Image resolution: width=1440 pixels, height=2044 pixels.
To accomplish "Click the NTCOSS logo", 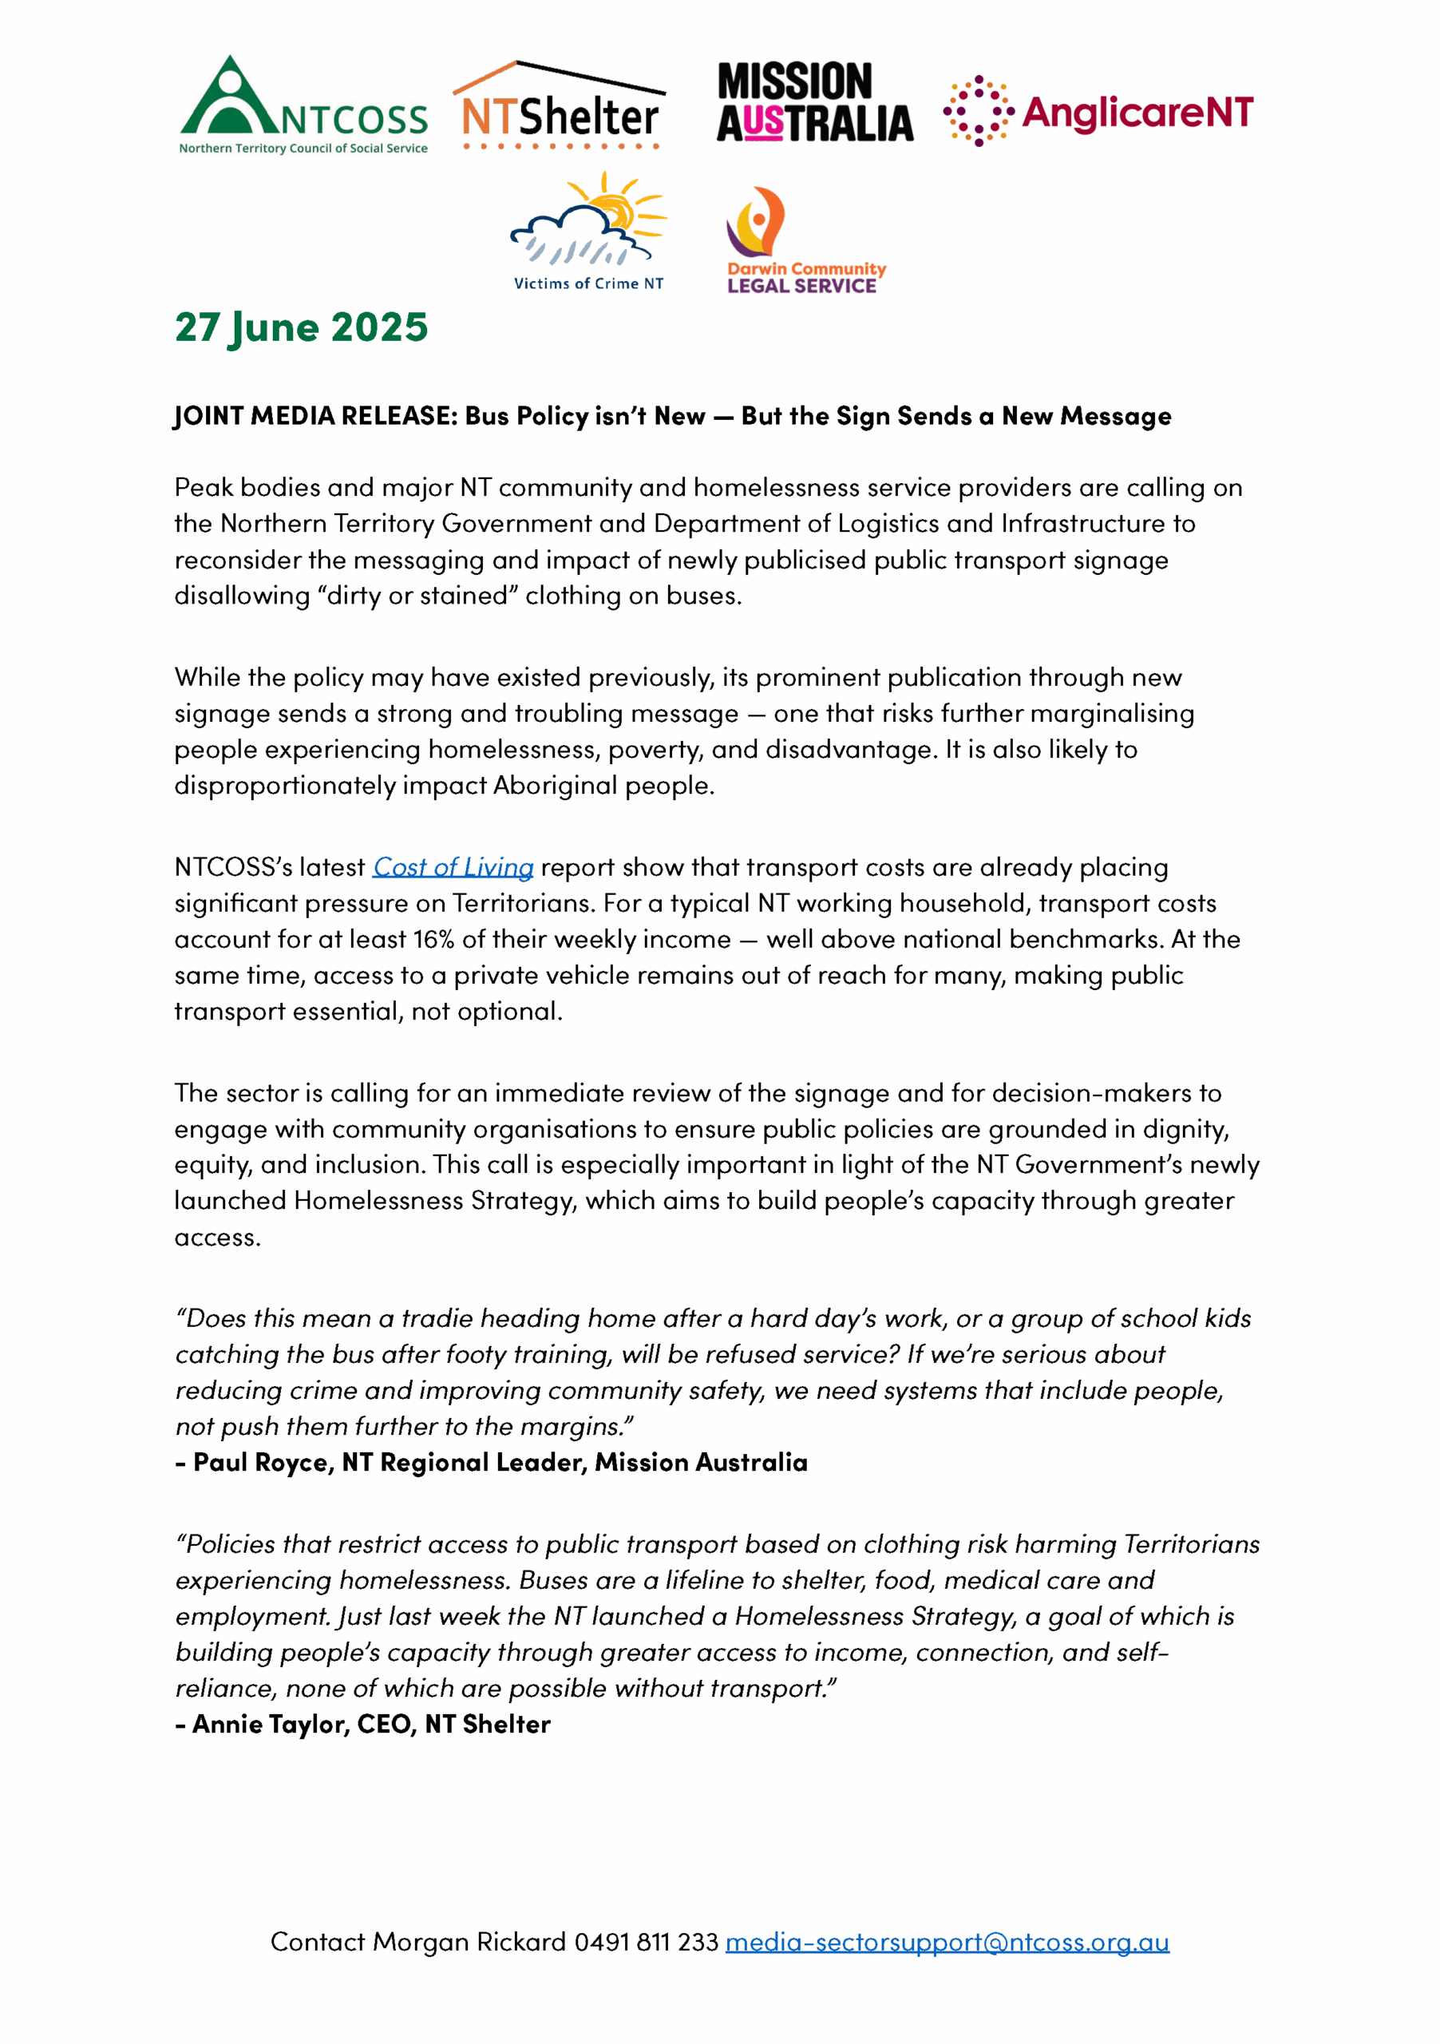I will [303, 105].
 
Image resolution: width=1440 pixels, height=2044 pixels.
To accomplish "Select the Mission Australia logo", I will [814, 102].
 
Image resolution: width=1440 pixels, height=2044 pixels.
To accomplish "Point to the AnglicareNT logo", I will [1098, 111].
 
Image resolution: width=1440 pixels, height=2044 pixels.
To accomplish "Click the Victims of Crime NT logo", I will [588, 232].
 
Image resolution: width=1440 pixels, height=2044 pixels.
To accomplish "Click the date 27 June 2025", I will [301, 327].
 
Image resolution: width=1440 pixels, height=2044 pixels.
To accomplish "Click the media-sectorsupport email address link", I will [947, 1942].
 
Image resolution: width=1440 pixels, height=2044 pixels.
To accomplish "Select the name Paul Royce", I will [263, 1463].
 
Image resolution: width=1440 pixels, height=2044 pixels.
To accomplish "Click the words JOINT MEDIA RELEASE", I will [315, 416].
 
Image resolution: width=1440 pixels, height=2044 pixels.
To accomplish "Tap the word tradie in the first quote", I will [431, 1318].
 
